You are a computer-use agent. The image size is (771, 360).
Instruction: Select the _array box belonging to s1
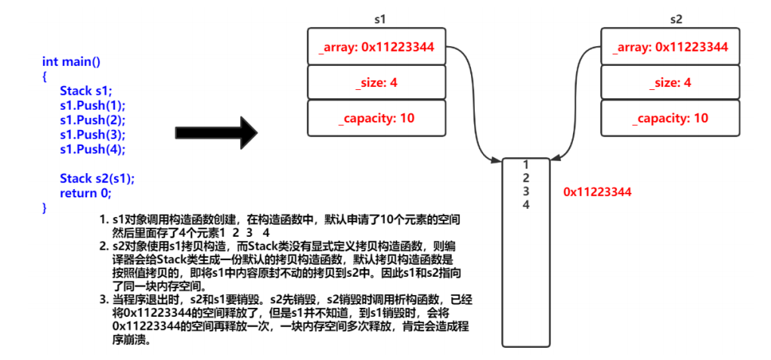point(376,47)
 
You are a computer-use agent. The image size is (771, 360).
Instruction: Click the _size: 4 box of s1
point(376,82)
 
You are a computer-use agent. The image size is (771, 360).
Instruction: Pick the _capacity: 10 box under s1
point(376,118)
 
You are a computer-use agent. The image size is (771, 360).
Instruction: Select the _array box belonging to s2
point(670,47)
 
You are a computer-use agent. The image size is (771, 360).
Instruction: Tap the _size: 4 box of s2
point(670,82)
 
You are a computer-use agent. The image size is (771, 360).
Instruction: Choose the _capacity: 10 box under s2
point(670,118)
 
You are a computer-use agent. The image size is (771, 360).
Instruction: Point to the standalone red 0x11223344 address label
point(597,192)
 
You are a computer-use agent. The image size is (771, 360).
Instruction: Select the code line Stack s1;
point(85,91)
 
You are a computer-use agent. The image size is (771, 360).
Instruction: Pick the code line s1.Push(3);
point(92,135)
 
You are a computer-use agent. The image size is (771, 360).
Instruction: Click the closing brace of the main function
point(45,206)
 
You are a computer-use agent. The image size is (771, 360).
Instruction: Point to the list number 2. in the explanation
point(103,246)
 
